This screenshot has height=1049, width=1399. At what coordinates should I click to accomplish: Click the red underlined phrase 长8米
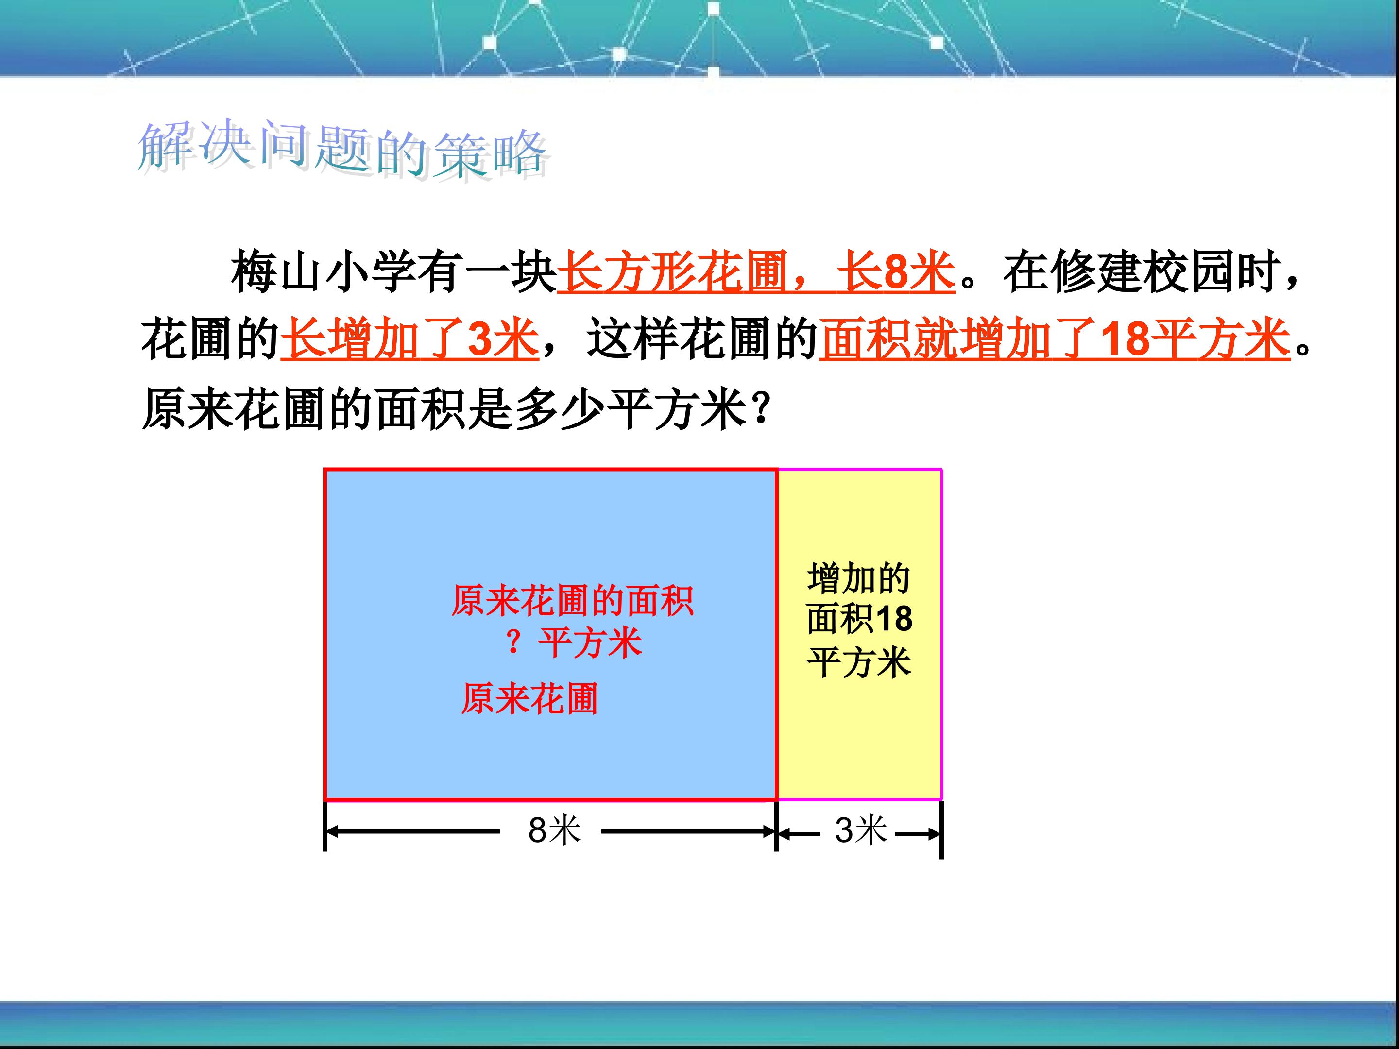[896, 272]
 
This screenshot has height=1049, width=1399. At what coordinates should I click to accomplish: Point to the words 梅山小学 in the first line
[322, 272]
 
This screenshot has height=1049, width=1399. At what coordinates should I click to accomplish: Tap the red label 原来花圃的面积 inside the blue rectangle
[572, 600]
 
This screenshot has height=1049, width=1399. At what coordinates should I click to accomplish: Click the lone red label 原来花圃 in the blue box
[529, 699]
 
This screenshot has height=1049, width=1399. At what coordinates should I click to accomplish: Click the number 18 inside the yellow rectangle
[894, 619]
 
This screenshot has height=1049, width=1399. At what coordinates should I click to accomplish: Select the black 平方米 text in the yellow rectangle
[859, 662]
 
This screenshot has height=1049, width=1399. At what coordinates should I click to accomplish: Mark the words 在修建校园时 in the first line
[1142, 272]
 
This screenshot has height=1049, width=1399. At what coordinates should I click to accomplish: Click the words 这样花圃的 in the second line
[702, 339]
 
